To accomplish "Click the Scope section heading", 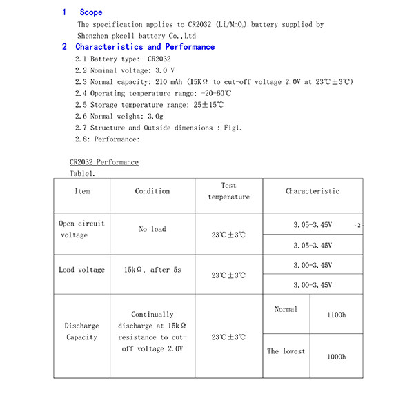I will coord(90,12).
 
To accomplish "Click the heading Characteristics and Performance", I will coord(145,47).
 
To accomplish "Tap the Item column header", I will coord(82,191).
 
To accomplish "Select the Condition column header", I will coord(152,191).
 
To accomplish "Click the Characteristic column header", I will coord(313,191).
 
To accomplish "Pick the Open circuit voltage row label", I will coord(82,229).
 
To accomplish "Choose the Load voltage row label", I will coord(82,270).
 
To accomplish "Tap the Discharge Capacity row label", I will coord(82,331).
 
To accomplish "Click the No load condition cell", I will coord(152,229).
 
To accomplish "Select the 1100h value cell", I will coord(336,315).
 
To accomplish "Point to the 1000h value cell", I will coord(336,357).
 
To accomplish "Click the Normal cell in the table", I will coord(286,310).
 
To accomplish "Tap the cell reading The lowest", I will coord(286,351).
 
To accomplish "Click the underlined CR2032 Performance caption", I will coord(103,162).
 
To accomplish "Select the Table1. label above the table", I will coord(82,173).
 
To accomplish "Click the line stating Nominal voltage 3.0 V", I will coord(124,70).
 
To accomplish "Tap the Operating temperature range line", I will coord(152,93).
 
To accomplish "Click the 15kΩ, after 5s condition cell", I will coord(152,270).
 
